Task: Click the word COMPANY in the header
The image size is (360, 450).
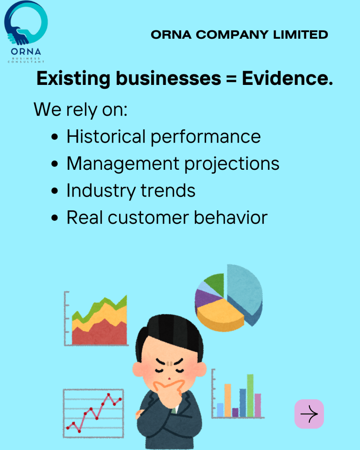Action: click(x=233, y=35)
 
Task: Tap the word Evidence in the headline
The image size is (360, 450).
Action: click(x=287, y=78)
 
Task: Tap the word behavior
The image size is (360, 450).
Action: click(x=231, y=217)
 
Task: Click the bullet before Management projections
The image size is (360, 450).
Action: click(x=55, y=164)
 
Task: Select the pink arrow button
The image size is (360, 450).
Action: click(x=309, y=414)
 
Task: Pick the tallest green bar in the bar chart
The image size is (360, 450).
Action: click(x=250, y=395)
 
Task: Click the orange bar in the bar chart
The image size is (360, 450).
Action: click(x=228, y=400)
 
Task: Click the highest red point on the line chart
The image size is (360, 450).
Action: click(x=109, y=395)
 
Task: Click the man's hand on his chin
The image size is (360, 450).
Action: click(x=169, y=392)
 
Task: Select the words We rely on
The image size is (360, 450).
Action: click(x=80, y=110)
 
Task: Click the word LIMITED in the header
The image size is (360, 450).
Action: click(x=300, y=35)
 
